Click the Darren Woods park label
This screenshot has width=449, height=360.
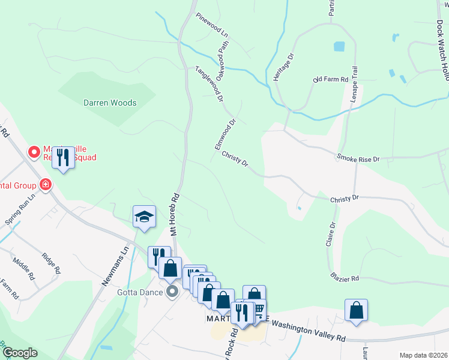point(110,103)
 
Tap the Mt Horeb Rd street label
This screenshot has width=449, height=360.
point(176,214)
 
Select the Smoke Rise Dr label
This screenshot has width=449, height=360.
point(358,158)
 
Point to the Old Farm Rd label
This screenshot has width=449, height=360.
point(330,79)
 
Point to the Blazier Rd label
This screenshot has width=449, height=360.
point(345,278)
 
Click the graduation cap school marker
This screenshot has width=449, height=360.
point(144,217)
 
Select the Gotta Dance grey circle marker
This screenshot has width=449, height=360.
point(173,292)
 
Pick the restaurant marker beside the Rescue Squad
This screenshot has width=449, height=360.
point(62,158)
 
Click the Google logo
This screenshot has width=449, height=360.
point(20,353)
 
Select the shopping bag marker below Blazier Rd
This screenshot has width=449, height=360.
point(356,311)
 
